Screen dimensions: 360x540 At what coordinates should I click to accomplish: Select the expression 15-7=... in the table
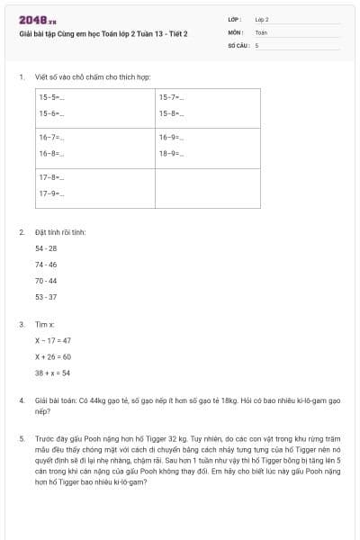click(x=171, y=96)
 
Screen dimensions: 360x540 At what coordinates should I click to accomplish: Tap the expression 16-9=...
click(x=171, y=137)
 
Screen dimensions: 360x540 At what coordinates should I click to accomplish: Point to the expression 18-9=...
click(x=171, y=154)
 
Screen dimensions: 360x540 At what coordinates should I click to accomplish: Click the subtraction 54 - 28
click(x=46, y=247)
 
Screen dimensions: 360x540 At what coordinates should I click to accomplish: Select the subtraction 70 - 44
click(x=46, y=280)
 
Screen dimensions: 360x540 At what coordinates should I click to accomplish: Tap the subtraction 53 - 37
click(x=46, y=296)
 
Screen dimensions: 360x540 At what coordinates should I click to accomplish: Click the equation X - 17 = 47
click(x=53, y=340)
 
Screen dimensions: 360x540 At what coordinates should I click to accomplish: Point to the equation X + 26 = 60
click(x=53, y=356)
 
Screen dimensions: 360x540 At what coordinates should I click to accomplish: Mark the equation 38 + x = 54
click(x=52, y=373)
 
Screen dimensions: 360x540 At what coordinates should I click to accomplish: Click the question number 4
click(x=21, y=399)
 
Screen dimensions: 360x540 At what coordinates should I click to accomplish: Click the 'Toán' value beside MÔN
click(x=261, y=31)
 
